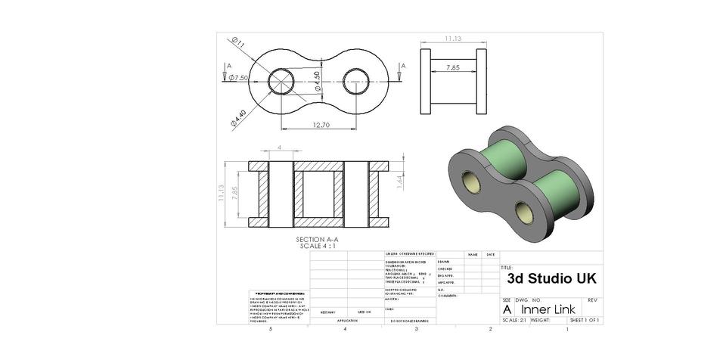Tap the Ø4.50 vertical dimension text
point(318,81)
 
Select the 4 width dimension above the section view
point(280,147)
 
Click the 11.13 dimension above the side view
point(453,38)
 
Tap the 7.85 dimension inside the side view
point(453,68)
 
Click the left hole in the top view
point(281,81)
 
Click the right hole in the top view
point(356,81)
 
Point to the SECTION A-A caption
point(318,240)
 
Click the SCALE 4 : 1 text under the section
point(318,246)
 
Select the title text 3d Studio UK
point(551,278)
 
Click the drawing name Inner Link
point(548,309)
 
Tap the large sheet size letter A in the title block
point(507,309)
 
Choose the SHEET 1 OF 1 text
point(585,320)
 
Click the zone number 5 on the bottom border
point(259,329)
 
